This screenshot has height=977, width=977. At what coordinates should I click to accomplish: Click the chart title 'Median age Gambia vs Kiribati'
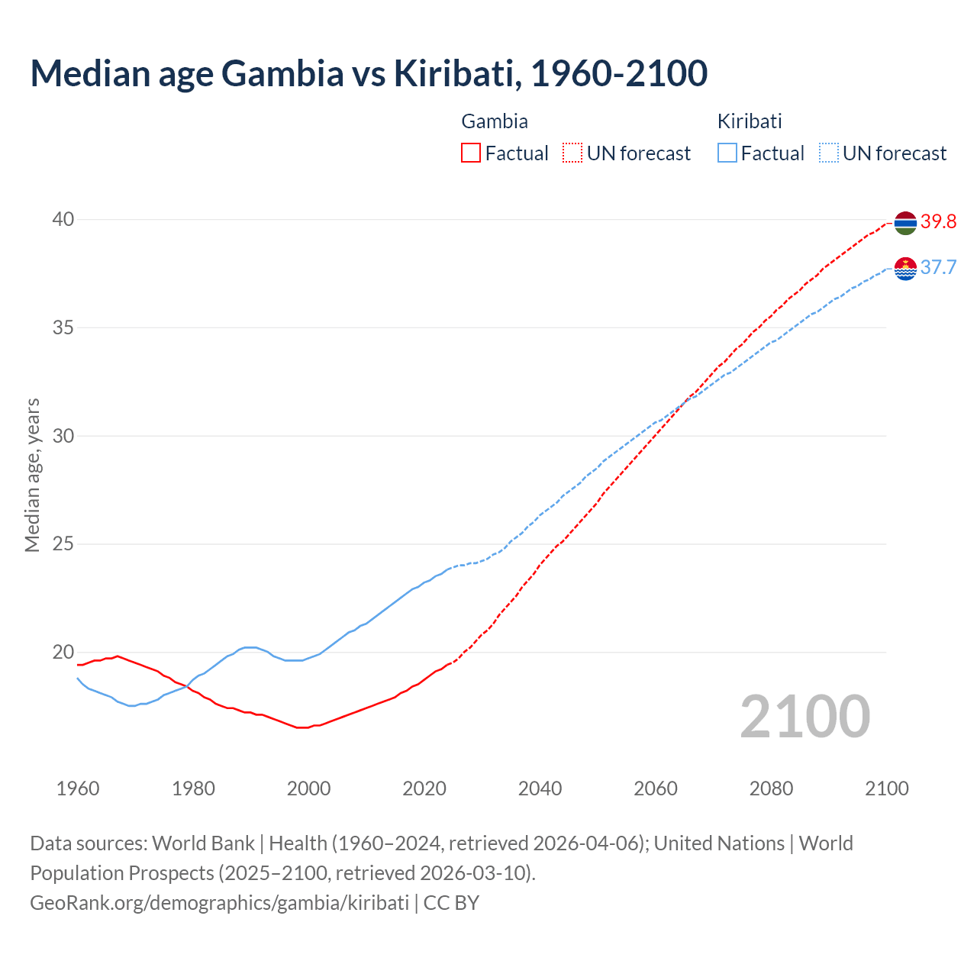point(369,73)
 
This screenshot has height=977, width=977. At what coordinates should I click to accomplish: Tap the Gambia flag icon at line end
point(905,223)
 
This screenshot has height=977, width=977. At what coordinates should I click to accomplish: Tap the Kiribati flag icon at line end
point(905,269)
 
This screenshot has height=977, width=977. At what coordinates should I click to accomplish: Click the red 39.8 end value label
point(938,222)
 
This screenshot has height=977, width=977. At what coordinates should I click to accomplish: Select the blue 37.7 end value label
point(938,268)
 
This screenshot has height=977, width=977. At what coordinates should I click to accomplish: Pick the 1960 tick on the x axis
point(78,788)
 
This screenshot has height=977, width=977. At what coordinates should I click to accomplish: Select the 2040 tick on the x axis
point(540,788)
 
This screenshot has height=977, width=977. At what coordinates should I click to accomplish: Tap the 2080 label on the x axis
point(771,788)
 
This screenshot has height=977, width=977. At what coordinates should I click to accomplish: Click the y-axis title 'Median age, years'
point(32,475)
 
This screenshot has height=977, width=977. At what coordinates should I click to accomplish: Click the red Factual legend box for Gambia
point(471,153)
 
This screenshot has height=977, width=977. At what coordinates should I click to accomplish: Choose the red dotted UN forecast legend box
point(572,153)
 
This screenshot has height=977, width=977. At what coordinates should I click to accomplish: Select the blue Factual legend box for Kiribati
point(727,153)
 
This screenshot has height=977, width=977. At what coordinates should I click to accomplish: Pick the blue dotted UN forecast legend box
point(829,153)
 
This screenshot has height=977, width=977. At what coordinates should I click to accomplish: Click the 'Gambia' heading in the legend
point(495,121)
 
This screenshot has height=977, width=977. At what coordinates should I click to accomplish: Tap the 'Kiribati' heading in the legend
point(750,121)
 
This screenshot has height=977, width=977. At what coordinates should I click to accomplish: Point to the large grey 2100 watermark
point(804,717)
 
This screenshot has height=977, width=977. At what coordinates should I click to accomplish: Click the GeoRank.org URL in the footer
point(220,903)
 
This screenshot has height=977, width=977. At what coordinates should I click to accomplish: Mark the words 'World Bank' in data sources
point(203,843)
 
